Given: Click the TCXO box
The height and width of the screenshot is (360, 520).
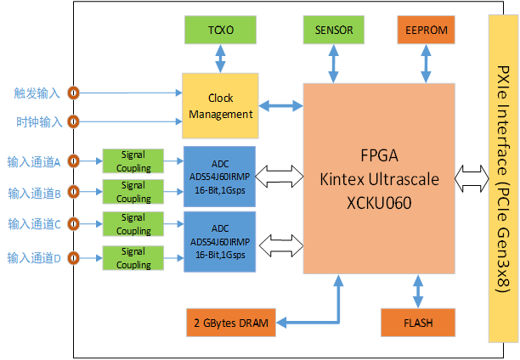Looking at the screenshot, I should pyautogui.click(x=219, y=31).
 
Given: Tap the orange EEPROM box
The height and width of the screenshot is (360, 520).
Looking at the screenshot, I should pyautogui.click(x=426, y=31).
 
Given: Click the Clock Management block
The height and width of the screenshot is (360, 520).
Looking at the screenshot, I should pyautogui.click(x=220, y=106).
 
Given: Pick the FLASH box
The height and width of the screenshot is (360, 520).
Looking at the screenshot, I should pyautogui.click(x=417, y=323).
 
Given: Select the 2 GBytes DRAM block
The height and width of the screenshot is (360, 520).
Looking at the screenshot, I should pyautogui.click(x=229, y=323).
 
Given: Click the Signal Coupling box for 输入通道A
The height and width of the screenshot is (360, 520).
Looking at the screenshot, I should pyautogui.click(x=133, y=161).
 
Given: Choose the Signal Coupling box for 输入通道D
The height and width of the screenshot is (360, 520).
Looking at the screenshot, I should pyautogui.click(x=133, y=258).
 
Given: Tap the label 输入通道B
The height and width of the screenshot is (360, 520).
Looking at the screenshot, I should pyautogui.click(x=35, y=192).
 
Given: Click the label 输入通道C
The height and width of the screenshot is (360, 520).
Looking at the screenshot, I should pyautogui.click(x=35, y=224).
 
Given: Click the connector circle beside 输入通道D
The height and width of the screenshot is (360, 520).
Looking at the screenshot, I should pyautogui.click(x=74, y=256).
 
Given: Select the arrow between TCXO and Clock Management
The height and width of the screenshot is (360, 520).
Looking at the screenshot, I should pyautogui.click(x=220, y=60).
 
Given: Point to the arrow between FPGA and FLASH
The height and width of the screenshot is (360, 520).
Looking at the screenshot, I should pyautogui.click(x=417, y=290).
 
